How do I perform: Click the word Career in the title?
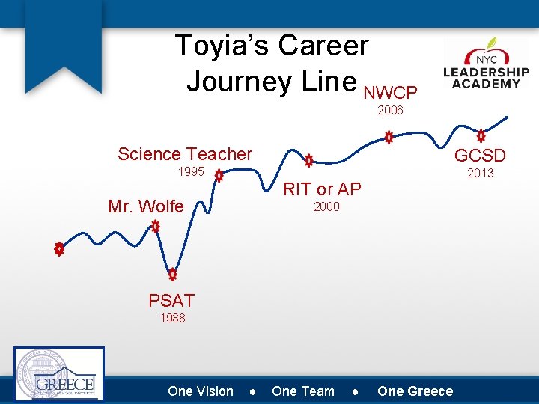pyautogui.click(x=323, y=46)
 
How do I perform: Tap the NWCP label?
pyautogui.click(x=390, y=93)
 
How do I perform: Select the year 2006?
pyautogui.click(x=390, y=111)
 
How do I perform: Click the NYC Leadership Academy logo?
pyautogui.click(x=486, y=65)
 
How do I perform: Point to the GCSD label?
pyautogui.click(x=480, y=156)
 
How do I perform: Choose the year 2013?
pyautogui.click(x=480, y=174)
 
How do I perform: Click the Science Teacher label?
pyautogui.click(x=185, y=154)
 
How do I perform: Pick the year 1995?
pyautogui.click(x=190, y=172)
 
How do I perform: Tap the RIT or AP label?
pyautogui.click(x=322, y=189)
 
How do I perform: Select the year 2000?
pyautogui.click(x=326, y=207)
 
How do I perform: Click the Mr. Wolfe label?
pyautogui.click(x=145, y=206)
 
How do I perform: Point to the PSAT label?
pyautogui.click(x=171, y=301)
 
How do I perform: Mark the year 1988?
pyautogui.click(x=172, y=319)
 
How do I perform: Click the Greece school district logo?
pyautogui.click(x=59, y=374)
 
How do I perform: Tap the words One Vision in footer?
pyautogui.click(x=201, y=391)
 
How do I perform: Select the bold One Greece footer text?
pyautogui.click(x=415, y=391)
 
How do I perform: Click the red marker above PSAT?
pyautogui.click(x=172, y=274)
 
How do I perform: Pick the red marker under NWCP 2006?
pyautogui.click(x=389, y=138)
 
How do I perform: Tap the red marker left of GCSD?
pyautogui.click(x=481, y=136)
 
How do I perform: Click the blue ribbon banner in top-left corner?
pyautogui.click(x=63, y=45)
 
